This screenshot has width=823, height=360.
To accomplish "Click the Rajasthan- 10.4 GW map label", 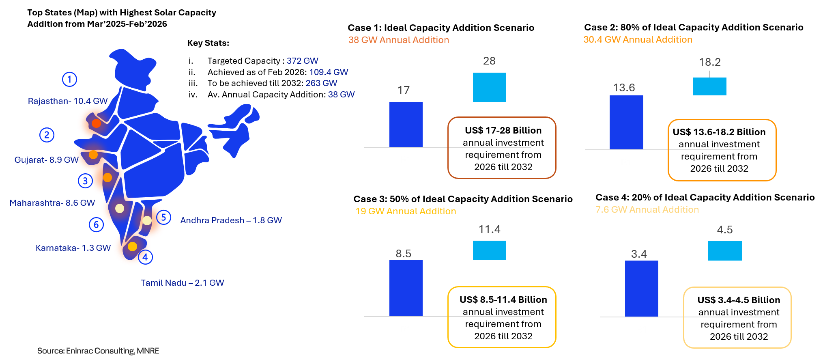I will click(68, 101).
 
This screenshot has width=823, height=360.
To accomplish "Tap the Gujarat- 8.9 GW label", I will click(46, 160).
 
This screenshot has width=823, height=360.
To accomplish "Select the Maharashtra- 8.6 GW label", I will click(52, 203).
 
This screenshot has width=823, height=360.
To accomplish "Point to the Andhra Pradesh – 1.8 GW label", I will click(231, 220).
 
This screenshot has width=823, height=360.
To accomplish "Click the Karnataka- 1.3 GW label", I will click(73, 248).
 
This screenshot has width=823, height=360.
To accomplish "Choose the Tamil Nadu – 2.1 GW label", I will click(182, 283).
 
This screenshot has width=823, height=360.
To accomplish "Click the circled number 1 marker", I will click(69, 79).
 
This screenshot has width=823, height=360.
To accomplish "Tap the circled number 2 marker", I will click(47, 135).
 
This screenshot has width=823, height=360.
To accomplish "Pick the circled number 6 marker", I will click(96, 224).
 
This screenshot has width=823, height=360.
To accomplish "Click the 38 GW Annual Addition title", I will click(398, 40).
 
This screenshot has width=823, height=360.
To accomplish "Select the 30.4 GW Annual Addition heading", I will click(638, 39).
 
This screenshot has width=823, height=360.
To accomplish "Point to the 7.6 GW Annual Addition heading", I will click(647, 209).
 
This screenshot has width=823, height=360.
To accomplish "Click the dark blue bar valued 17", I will click(406, 124).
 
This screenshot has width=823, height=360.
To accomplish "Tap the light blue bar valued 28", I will click(489, 87).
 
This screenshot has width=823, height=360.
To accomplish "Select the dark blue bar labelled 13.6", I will click(626, 122).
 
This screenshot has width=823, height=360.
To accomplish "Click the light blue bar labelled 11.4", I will click(489, 250).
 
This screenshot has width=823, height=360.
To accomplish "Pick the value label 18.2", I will click(709, 62).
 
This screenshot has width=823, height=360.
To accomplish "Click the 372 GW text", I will click(302, 61).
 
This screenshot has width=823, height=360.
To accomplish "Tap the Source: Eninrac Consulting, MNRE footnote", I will click(98, 351).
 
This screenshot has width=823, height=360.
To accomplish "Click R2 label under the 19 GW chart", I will click(489, 329).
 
